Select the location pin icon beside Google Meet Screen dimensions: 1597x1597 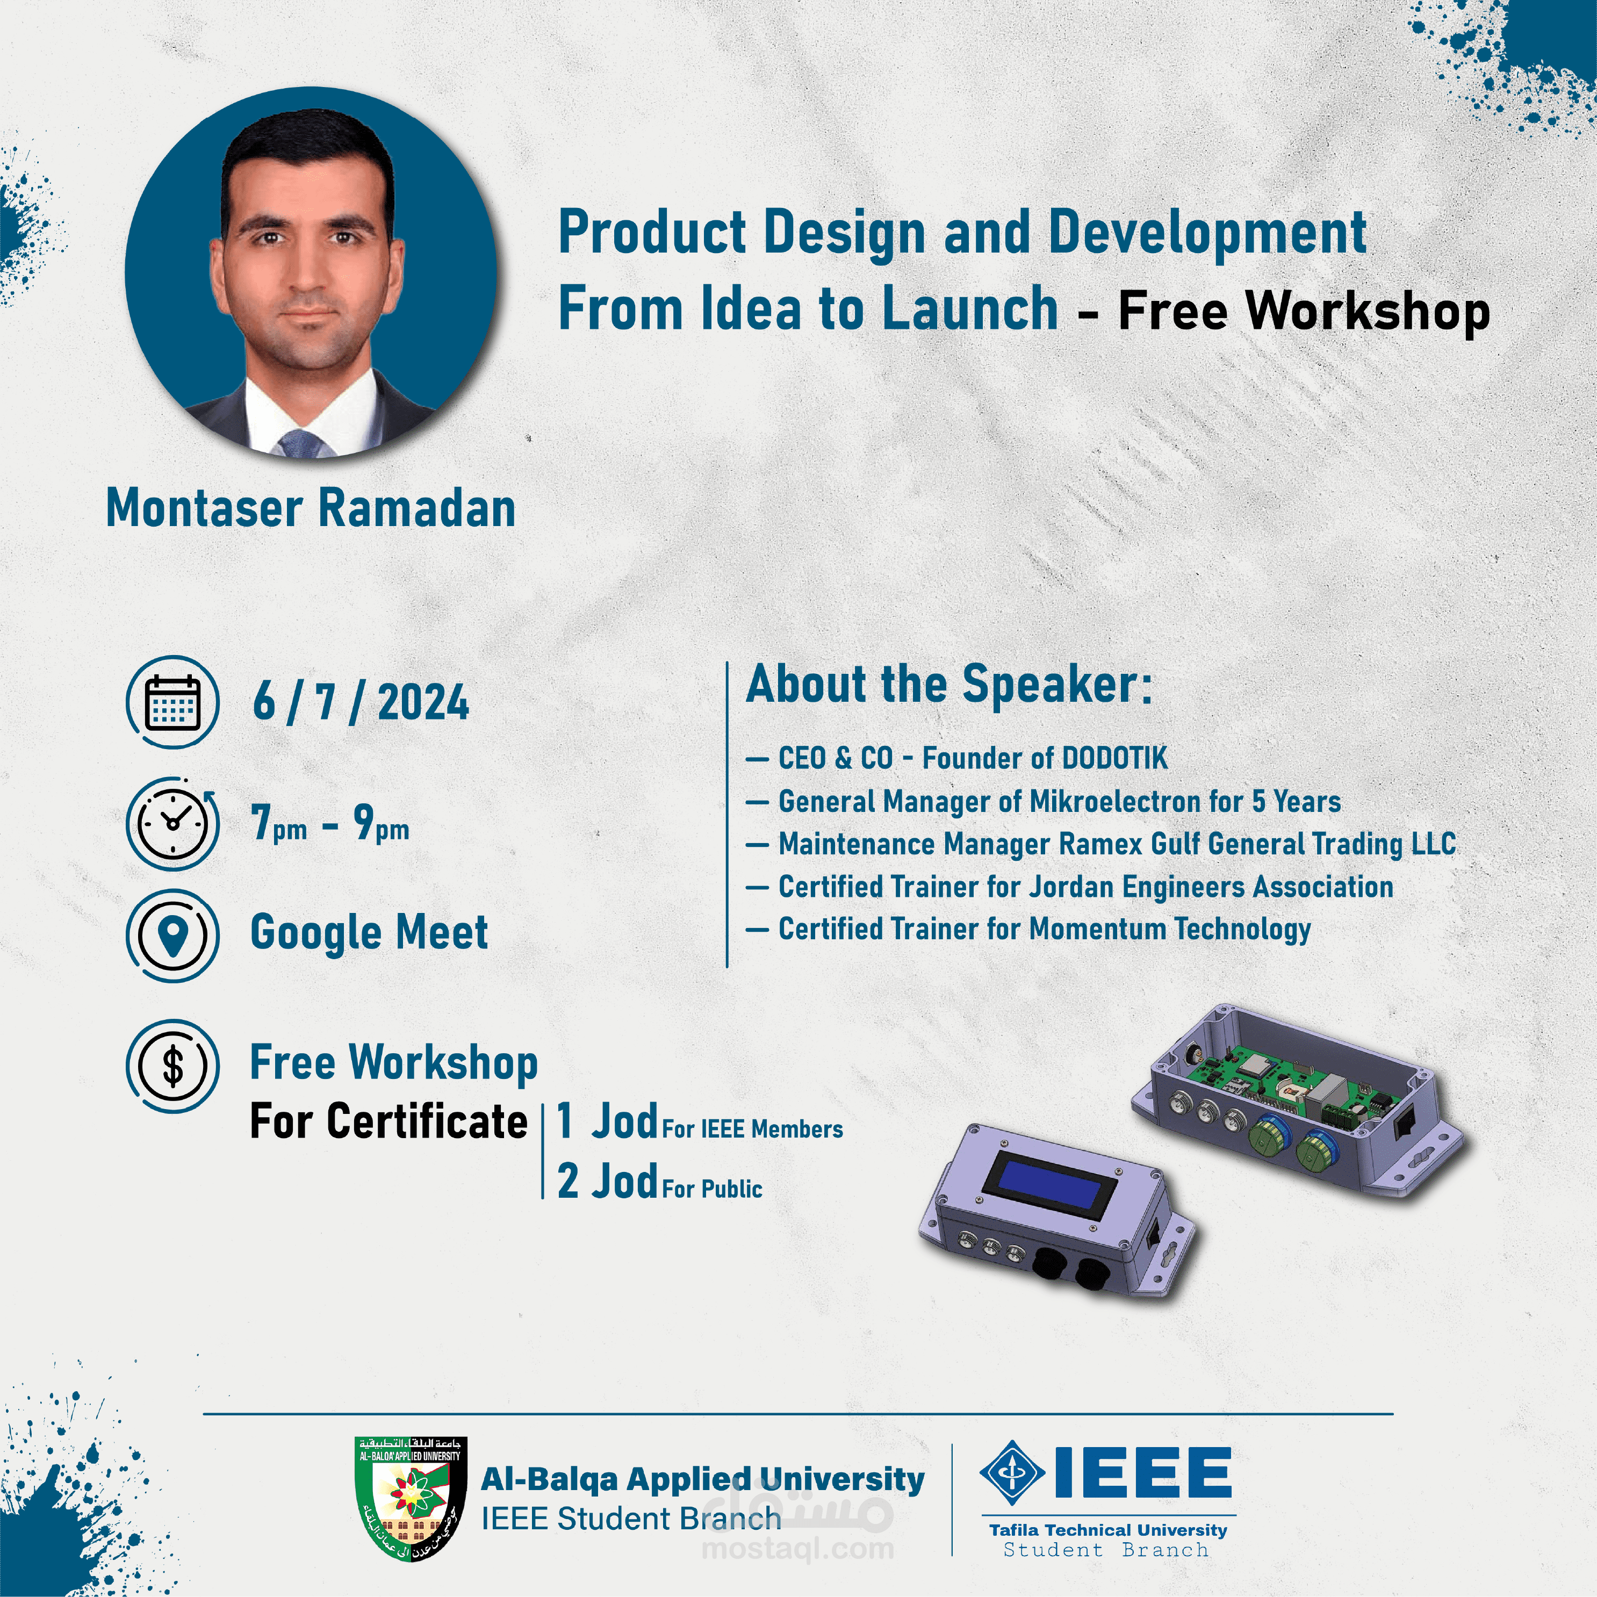click(173, 935)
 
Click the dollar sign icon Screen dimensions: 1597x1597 click(173, 1066)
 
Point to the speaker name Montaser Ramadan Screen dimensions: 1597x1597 click(311, 508)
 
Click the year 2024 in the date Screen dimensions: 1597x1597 click(423, 703)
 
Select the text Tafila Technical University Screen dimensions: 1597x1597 click(1107, 1529)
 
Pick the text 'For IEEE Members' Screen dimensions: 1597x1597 click(752, 1129)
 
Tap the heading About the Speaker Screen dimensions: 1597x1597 click(949, 685)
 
